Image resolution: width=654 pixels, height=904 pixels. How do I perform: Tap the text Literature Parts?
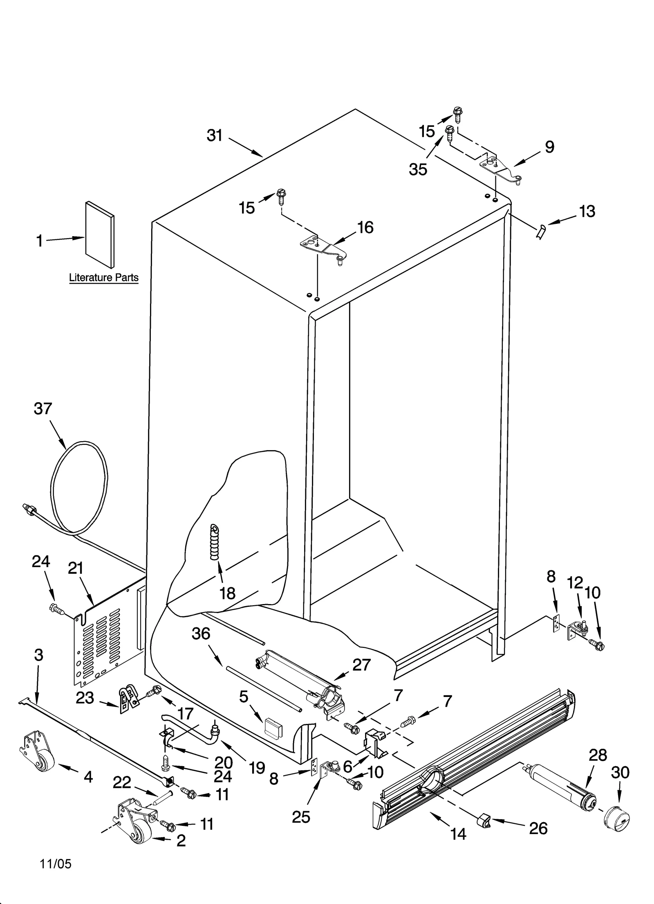(104, 278)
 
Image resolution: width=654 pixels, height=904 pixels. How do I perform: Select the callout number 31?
(214, 135)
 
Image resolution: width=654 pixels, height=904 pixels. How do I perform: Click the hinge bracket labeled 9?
(499, 168)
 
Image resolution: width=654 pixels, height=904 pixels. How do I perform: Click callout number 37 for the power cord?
(43, 408)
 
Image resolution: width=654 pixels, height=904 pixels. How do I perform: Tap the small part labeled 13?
(541, 232)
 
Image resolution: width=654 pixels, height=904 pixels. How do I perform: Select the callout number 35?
(418, 169)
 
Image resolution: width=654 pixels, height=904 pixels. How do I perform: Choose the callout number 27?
(361, 665)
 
